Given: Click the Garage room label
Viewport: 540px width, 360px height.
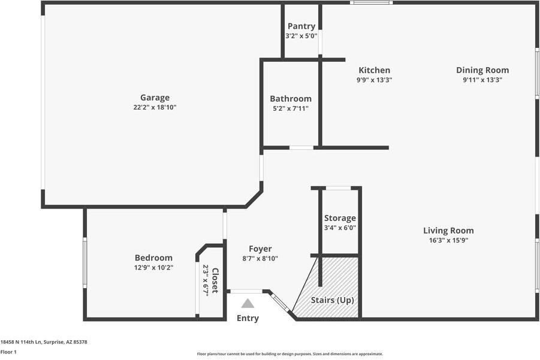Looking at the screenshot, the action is [155, 98].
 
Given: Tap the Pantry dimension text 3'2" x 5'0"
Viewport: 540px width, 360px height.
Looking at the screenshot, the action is [301, 36].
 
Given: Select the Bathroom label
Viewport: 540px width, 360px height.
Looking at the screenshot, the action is [291, 99].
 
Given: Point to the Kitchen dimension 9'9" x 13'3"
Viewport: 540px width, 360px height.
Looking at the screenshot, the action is [375, 80].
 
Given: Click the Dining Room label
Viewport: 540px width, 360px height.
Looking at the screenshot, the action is [482, 70].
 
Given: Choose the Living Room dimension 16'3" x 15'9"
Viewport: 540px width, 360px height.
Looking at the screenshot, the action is [448, 240].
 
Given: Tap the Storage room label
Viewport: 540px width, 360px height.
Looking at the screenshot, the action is [340, 218].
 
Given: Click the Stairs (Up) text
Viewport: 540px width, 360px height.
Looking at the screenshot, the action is [333, 300].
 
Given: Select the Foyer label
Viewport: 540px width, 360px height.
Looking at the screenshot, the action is [260, 249].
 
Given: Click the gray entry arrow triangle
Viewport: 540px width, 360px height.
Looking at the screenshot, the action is [248, 303].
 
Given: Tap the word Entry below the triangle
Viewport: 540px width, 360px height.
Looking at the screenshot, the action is [248, 318].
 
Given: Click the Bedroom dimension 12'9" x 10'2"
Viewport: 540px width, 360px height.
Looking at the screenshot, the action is [153, 267].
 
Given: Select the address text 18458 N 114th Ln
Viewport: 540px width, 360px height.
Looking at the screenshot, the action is [21, 342].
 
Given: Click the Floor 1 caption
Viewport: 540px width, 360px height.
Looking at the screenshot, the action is [8, 352].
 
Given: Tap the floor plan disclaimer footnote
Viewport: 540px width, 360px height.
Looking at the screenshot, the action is [290, 354].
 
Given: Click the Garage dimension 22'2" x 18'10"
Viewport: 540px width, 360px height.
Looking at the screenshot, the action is [155, 107].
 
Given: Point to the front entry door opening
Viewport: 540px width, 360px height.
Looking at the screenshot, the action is [246, 292].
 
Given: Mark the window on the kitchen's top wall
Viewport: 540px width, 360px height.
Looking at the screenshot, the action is [372, 3].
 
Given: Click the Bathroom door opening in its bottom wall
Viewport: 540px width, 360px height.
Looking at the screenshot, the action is [301, 148].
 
